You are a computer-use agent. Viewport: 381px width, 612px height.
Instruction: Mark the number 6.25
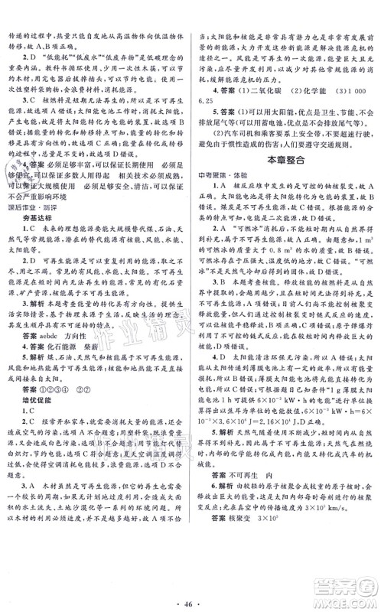(210, 98)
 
